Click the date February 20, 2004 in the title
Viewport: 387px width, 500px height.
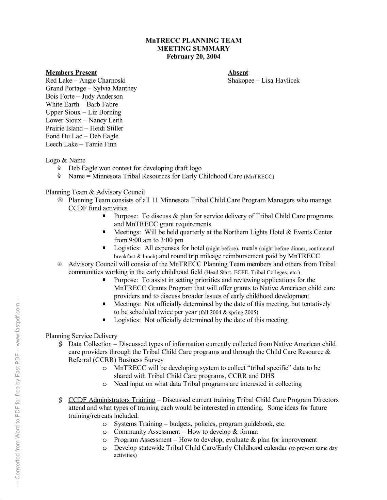coord(193,56)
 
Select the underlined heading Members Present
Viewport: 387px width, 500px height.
coord(71,72)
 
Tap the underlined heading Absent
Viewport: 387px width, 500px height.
coord(238,72)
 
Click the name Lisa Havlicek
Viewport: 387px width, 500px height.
coord(280,81)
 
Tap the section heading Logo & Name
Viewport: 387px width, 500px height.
coord(65,160)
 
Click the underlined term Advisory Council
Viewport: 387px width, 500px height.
coord(93,264)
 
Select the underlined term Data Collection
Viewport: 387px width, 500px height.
coord(90,344)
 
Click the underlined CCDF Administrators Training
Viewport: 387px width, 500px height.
coord(112,400)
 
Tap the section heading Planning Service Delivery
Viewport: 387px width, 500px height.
coord(82,336)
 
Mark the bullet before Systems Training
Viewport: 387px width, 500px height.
coord(105,424)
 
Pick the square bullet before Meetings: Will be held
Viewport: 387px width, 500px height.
coord(104,232)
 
